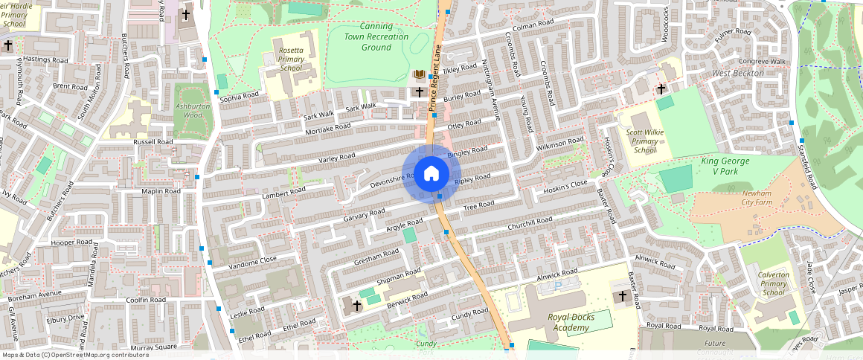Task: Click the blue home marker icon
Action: [431, 174]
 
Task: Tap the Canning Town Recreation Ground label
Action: [376, 37]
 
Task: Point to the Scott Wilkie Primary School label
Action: [645, 141]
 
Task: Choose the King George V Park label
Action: [725, 165]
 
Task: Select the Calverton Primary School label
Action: [773, 283]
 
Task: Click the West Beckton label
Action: [738, 73]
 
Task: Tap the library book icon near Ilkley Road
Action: [420, 75]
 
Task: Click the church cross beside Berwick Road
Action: [356, 305]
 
